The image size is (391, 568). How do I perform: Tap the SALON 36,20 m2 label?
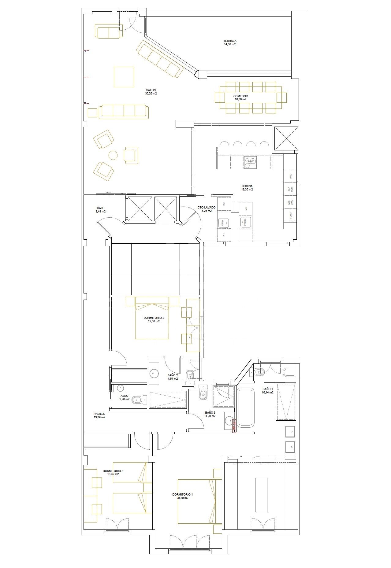click(x=151, y=92)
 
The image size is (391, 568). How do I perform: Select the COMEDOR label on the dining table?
click(x=240, y=98)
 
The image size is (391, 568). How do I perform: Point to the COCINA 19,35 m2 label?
click(x=247, y=188)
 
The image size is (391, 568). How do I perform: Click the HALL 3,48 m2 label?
click(x=100, y=210)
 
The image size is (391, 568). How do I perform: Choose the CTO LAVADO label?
click(x=207, y=209)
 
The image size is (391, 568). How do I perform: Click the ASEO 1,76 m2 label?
click(x=124, y=397)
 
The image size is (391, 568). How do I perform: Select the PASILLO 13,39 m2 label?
click(x=99, y=415)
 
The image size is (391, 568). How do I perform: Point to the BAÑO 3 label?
click(x=210, y=414)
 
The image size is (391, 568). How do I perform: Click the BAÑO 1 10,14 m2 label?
click(x=268, y=391)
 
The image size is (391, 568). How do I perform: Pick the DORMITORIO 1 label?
click(x=183, y=496)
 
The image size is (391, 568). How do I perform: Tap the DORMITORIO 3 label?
click(x=113, y=473)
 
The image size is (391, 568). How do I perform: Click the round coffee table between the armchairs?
click(x=113, y=156)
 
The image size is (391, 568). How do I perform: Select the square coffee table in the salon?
click(x=124, y=77)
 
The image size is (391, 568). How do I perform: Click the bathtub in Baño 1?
click(x=246, y=407)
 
